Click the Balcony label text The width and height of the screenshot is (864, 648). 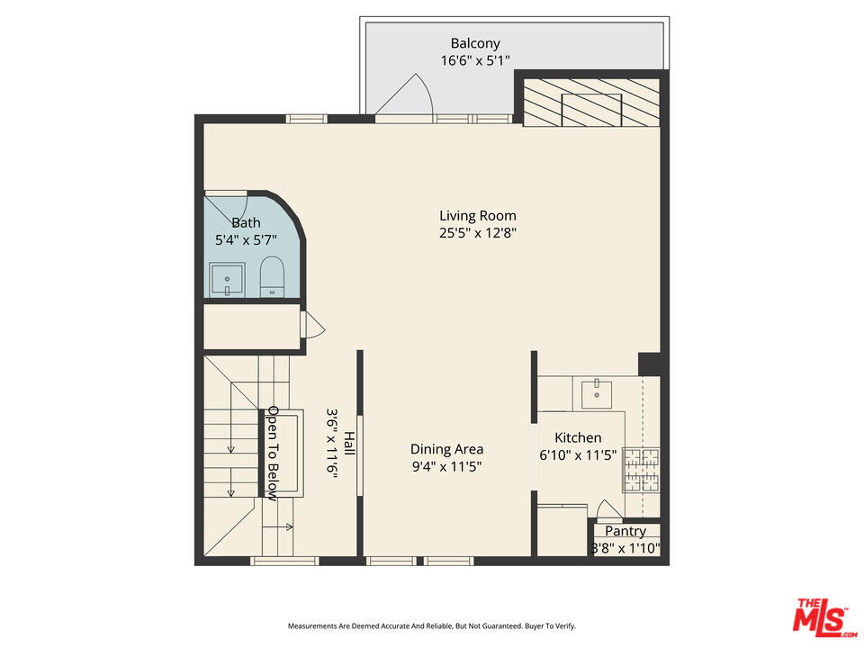475,43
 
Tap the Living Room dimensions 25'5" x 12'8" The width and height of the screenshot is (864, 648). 477,233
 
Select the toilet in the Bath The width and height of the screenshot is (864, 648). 272,275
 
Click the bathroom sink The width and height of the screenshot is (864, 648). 227,279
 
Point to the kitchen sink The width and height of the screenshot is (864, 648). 597,391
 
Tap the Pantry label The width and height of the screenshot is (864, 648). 625,532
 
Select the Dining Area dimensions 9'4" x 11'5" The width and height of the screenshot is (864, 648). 446,468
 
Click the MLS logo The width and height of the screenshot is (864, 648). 821,616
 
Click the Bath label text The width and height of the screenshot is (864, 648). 246,223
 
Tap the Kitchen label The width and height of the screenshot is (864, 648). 578,437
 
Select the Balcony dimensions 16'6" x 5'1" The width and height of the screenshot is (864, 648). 475,61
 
